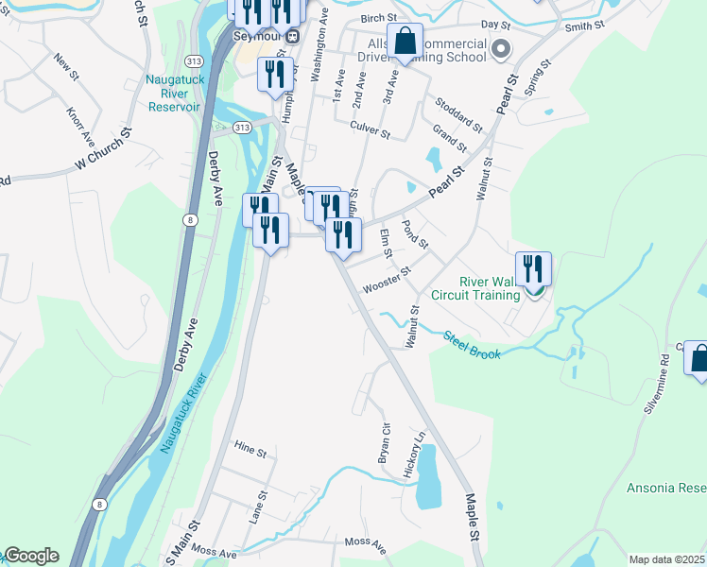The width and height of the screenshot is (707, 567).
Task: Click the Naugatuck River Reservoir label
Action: (x=174, y=94)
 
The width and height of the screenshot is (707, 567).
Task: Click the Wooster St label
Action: (x=388, y=279)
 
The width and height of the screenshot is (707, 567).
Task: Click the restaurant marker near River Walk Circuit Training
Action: (x=533, y=268)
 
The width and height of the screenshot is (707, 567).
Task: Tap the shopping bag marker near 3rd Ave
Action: (x=405, y=43)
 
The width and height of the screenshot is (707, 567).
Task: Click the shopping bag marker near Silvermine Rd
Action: (x=698, y=361)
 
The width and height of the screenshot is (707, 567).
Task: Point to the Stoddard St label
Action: (x=459, y=114)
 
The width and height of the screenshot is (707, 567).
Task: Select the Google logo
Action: (x=30, y=556)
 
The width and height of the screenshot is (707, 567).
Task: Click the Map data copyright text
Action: (x=667, y=559)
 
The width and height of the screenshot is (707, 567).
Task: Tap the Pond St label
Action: (x=416, y=232)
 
